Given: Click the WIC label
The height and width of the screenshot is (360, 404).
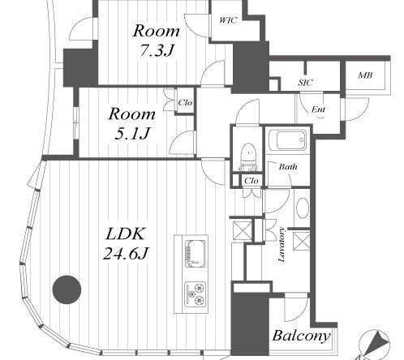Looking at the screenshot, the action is click(x=228, y=20).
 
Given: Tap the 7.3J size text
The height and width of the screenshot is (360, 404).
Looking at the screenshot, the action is click(x=157, y=50).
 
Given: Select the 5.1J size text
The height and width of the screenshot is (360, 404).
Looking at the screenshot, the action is click(x=132, y=133).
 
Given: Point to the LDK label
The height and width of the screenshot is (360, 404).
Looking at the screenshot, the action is click(x=124, y=234).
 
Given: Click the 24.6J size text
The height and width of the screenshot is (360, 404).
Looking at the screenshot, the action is click(x=126, y=254).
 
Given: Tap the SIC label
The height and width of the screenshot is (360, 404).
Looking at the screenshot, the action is click(x=305, y=83).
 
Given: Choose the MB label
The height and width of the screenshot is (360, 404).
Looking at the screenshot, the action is click(x=365, y=75).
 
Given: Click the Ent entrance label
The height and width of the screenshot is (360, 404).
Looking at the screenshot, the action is click(x=318, y=109).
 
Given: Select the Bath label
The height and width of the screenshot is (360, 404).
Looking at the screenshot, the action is click(x=288, y=166).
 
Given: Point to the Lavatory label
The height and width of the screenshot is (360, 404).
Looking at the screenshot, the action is click(x=282, y=245).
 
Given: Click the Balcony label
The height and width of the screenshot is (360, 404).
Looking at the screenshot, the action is click(x=301, y=336).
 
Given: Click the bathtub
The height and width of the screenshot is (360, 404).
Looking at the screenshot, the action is click(x=288, y=140).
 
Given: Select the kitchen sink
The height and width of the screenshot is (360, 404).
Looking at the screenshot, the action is click(x=195, y=254).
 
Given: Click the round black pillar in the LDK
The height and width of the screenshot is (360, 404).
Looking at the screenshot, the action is click(x=67, y=289).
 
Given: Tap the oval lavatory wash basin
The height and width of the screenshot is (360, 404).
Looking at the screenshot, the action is click(x=303, y=208).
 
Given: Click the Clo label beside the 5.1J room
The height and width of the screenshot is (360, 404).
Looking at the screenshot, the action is click(x=185, y=103).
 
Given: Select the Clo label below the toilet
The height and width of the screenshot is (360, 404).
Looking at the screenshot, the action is click(x=251, y=181).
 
